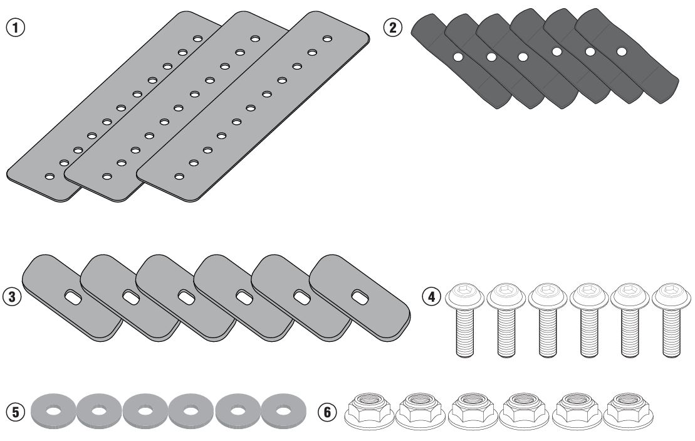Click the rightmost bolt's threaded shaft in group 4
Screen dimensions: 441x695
[670, 332]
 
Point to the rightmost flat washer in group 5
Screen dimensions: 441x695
[282, 412]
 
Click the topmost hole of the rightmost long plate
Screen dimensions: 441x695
[327, 39]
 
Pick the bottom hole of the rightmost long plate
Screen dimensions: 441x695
[179, 177]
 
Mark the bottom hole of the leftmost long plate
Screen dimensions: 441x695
[49, 177]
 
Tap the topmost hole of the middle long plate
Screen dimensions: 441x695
[255, 39]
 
